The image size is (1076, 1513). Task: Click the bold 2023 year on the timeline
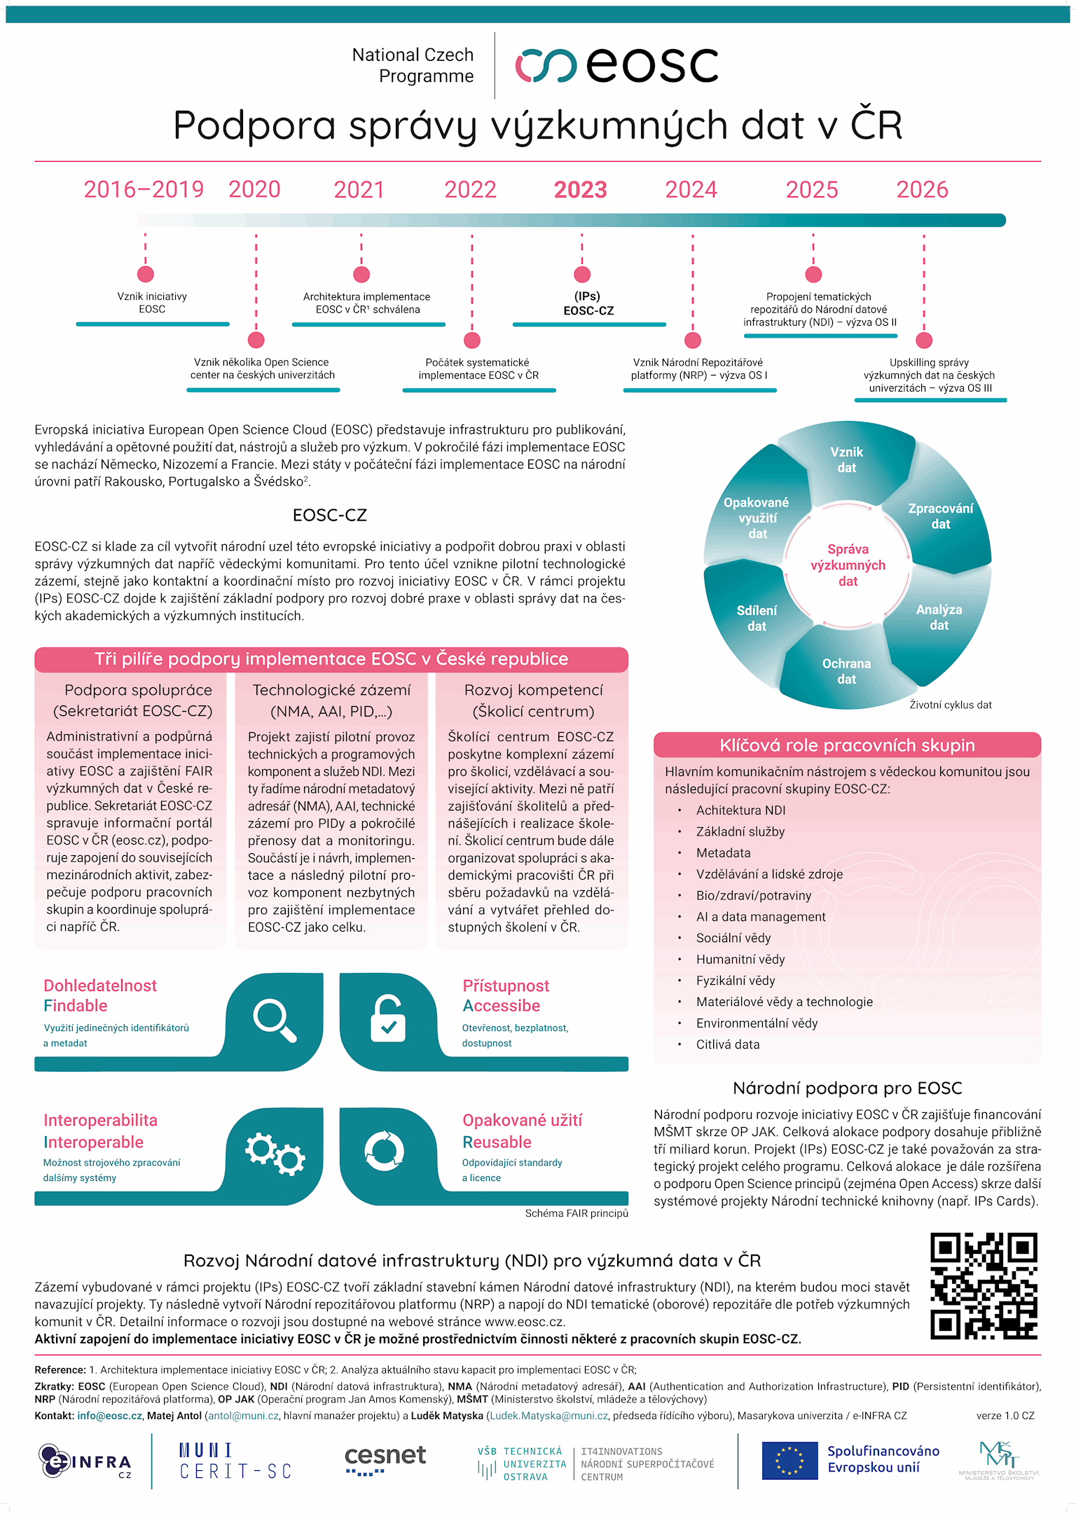580,190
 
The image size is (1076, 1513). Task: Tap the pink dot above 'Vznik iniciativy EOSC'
146,274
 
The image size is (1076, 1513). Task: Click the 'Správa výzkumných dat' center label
848,565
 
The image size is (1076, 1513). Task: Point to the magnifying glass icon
275,1021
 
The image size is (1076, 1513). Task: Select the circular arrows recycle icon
385,1150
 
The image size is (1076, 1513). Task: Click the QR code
984,1286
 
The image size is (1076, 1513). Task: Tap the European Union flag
789,1460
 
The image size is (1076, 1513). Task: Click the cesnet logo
385,1460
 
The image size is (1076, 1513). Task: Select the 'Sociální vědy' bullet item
733,938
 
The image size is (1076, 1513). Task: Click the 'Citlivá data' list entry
727,1044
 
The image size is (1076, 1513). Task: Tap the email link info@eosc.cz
109,1416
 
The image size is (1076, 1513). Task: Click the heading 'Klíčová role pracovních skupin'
847,745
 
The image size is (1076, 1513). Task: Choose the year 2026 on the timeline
922,190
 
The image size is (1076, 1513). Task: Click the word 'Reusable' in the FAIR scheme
497,1142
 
